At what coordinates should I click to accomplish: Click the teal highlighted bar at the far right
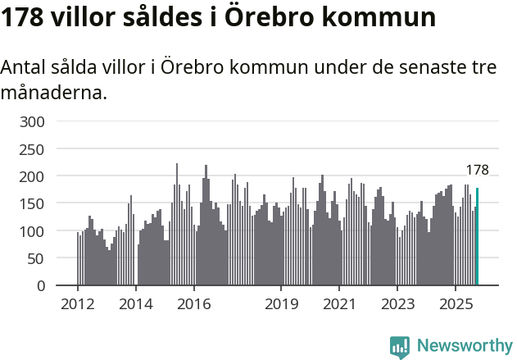click(477, 237)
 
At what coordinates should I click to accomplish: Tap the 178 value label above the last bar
click(477, 171)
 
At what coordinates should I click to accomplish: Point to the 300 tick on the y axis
click(32, 122)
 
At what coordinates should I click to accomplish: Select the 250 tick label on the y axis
click(32, 149)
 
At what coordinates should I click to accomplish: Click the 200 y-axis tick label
click(32, 176)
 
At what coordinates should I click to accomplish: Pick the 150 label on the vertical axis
click(32, 204)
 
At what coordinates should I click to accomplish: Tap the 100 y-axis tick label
click(32, 231)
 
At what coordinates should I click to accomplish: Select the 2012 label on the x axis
click(78, 304)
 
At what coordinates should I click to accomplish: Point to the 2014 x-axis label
click(136, 304)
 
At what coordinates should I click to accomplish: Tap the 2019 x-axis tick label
click(281, 304)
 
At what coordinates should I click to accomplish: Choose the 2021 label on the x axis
click(339, 304)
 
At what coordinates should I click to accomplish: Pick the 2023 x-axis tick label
click(397, 304)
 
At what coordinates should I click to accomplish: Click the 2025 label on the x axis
click(456, 304)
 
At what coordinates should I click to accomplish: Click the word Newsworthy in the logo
click(464, 345)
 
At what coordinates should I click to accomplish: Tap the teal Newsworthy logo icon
click(400, 347)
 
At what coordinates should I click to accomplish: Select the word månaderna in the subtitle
click(53, 93)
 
